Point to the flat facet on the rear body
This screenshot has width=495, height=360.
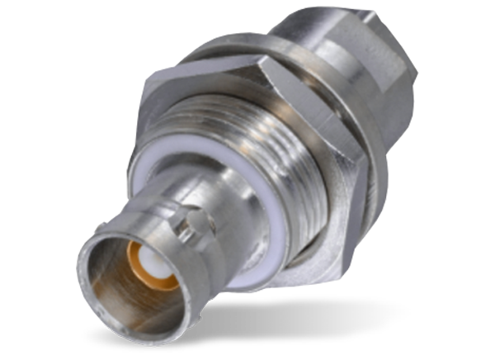(x=388, y=91)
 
